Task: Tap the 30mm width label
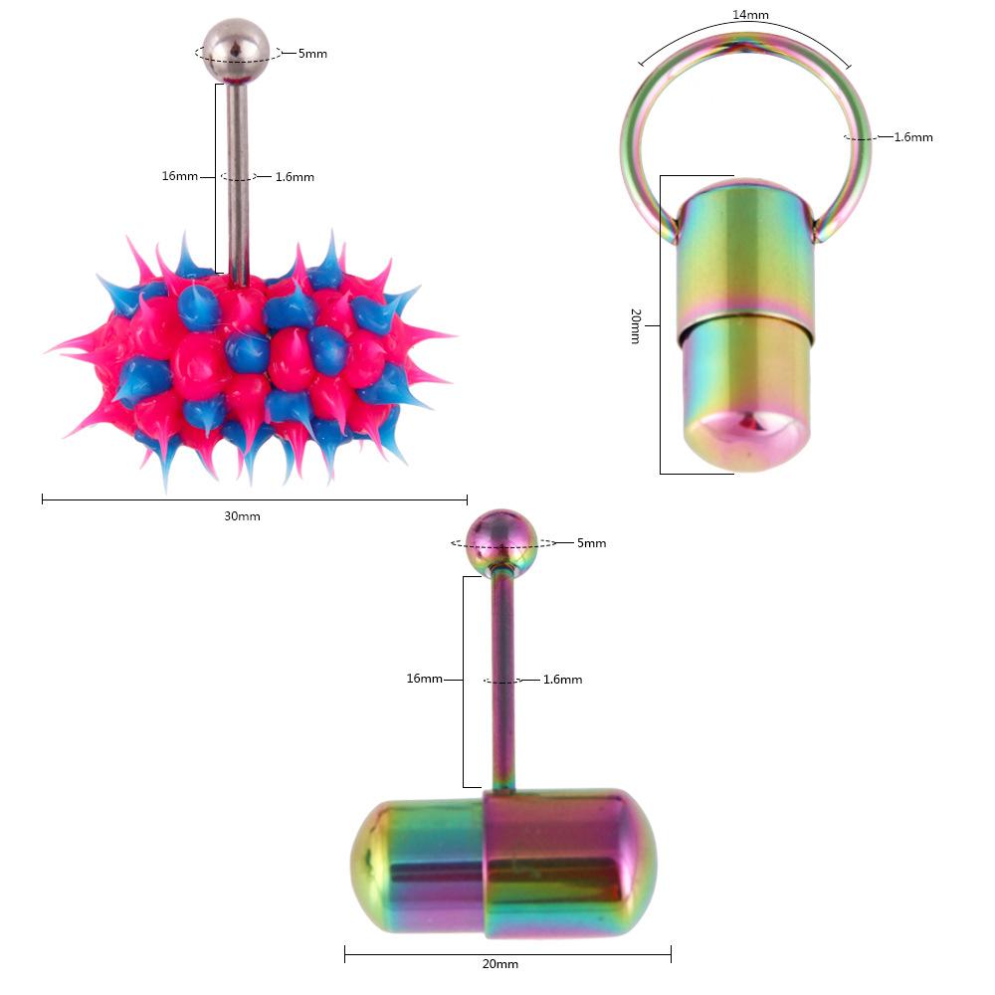(x=242, y=516)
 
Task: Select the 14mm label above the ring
(x=749, y=15)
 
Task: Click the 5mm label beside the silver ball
(x=312, y=54)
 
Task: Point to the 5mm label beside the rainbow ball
(x=592, y=543)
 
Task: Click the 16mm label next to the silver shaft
(x=179, y=176)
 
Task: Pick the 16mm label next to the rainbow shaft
(x=424, y=679)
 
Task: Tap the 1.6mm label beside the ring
(x=913, y=137)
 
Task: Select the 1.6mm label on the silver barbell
(x=295, y=177)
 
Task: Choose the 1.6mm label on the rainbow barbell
(x=563, y=680)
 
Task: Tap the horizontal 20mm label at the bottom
(x=499, y=964)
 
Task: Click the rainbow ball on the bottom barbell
(x=501, y=540)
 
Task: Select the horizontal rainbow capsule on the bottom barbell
(x=502, y=861)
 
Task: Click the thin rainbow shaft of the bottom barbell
(x=503, y=687)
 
